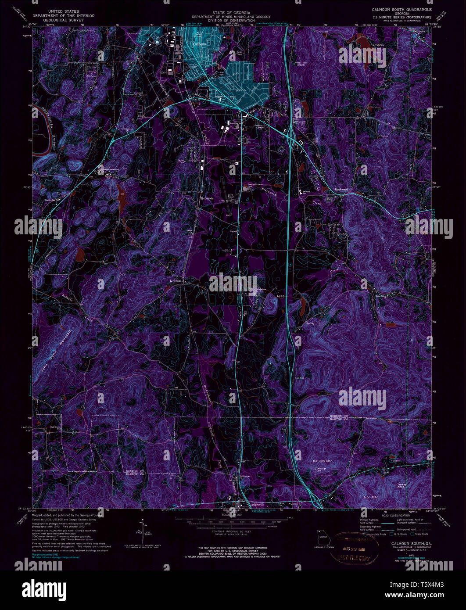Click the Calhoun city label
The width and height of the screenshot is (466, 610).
coord(200,44)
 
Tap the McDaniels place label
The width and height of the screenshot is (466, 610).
coord(207,198)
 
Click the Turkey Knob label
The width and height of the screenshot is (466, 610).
coord(402,486)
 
